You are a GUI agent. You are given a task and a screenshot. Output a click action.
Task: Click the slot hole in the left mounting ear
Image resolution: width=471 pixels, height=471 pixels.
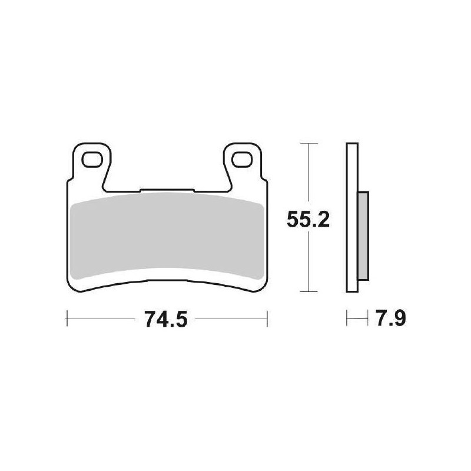point(91,159)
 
